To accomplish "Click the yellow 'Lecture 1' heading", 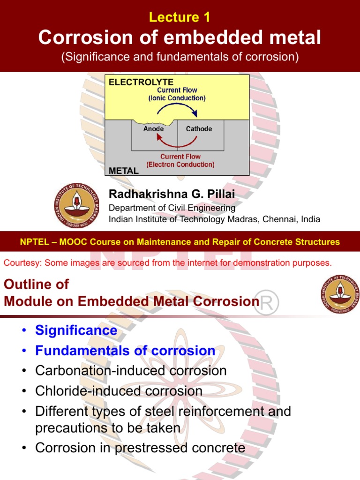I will tap(180, 17).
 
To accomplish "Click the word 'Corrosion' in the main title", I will tap(83, 37).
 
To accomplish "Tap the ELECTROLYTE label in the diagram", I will tap(134, 82).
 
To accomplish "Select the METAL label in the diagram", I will tap(123, 171).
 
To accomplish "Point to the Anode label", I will tap(153, 129).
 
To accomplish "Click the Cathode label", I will tap(199, 129).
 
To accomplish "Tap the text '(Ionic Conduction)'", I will tap(177, 98).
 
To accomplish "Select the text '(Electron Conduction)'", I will tap(180, 165).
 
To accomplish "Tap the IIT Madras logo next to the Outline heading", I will tap(340, 294).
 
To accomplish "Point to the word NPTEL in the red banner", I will tap(34, 242).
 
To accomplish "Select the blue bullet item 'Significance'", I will tap(76, 330).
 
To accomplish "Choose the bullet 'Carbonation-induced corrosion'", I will tap(131, 371).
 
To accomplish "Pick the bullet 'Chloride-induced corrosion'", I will tap(119, 391).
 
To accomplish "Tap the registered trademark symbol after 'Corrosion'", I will tap(269, 304).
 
